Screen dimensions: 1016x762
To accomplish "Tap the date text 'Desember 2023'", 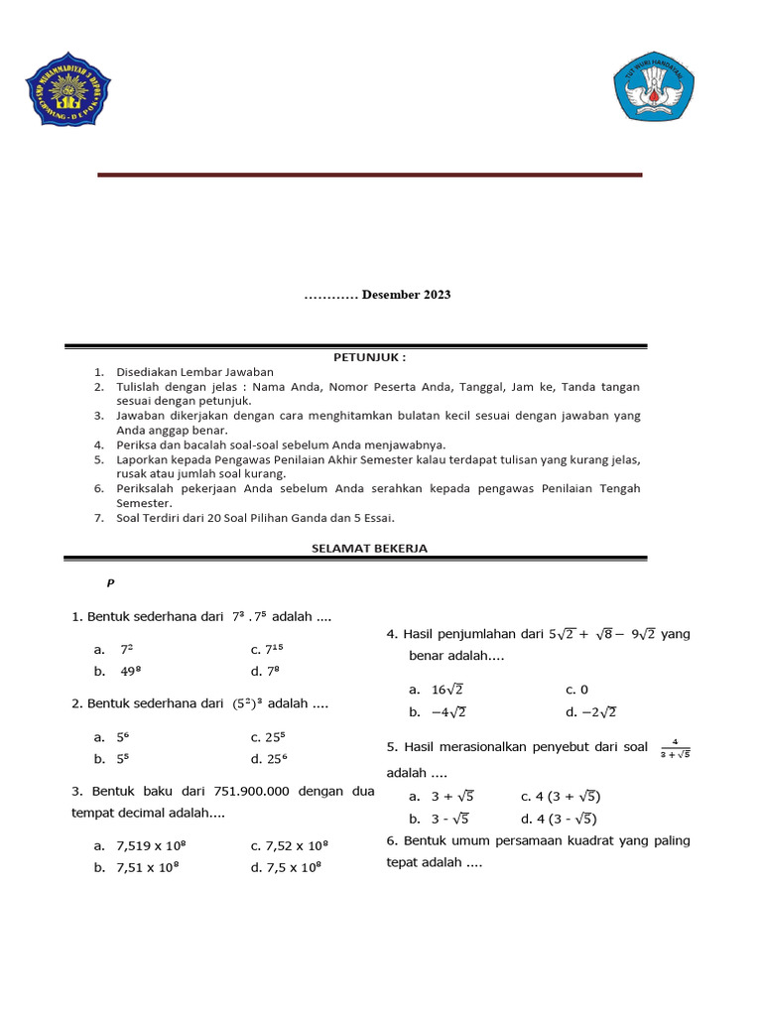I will coord(406,295).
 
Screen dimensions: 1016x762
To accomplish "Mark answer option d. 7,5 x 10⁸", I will coord(287,867).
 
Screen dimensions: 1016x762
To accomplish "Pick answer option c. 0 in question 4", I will coord(577,690).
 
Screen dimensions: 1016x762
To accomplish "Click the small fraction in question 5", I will coord(674,747).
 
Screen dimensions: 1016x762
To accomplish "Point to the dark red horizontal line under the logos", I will coord(369,175).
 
